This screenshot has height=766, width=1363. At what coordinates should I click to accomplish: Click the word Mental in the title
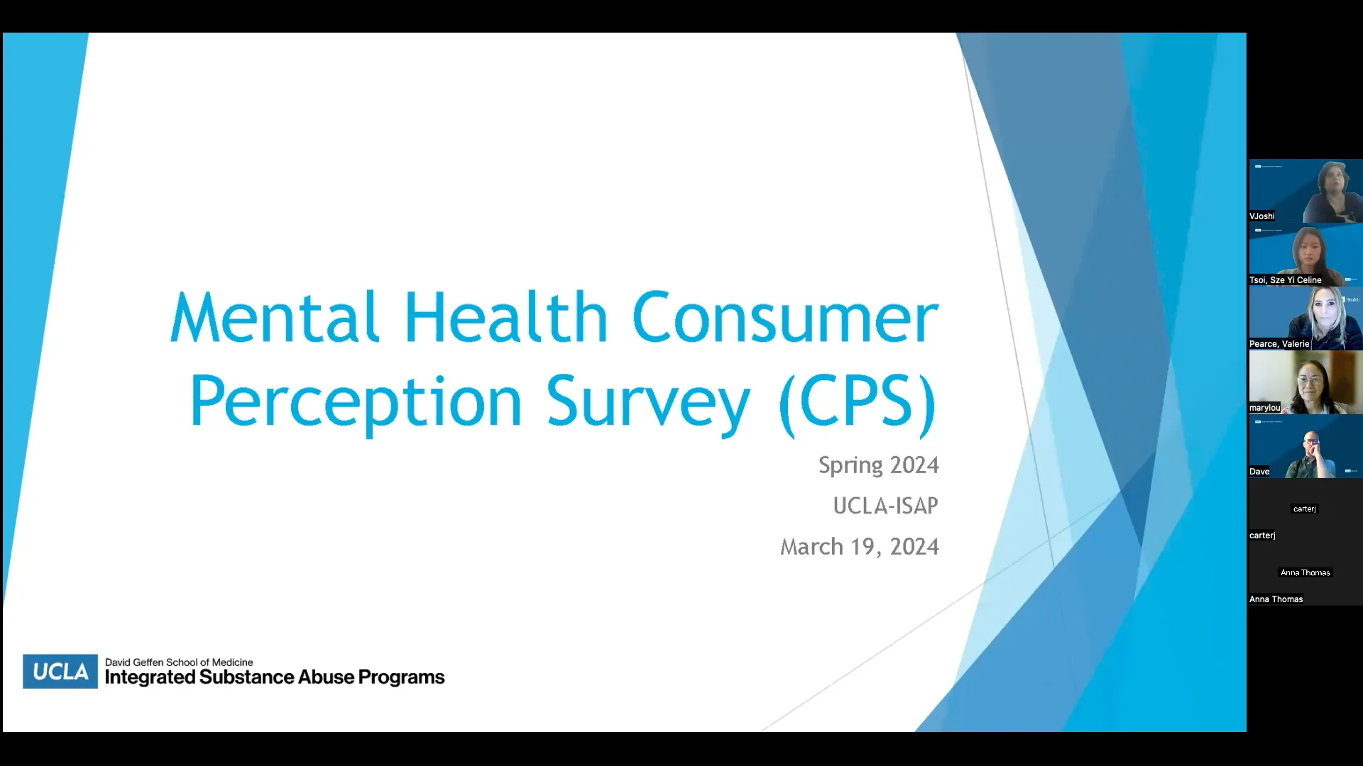coord(274,317)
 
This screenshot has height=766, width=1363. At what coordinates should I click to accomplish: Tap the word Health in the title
coord(505,317)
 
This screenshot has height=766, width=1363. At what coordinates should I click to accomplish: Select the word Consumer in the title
coord(784,317)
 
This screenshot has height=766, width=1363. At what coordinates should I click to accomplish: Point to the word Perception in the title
coord(356,402)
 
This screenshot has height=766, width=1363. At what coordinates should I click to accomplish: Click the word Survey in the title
coord(647,402)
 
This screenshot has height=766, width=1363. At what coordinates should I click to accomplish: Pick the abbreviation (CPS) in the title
coord(858,402)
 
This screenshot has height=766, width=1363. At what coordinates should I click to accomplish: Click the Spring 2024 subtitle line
coord(878,465)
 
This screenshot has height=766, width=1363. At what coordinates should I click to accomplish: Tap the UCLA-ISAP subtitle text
coord(885,506)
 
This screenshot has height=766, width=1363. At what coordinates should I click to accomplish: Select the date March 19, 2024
coord(859,547)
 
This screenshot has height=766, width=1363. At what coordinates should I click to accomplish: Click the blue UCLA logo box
coord(60,671)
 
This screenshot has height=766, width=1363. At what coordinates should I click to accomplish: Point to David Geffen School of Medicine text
coord(179,662)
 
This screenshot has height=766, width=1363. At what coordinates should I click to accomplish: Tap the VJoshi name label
coord(1262,216)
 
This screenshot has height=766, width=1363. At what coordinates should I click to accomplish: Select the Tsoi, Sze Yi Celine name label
coord(1286,280)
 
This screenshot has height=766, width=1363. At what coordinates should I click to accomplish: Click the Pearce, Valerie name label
coord(1279,344)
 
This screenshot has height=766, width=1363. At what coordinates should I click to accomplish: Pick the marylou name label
coord(1265,408)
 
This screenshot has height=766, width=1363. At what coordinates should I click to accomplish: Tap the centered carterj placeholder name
coord(1305,509)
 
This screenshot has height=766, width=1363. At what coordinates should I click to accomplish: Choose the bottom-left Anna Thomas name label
coord(1276,599)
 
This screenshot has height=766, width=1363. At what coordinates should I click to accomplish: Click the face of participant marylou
coord(1309,383)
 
